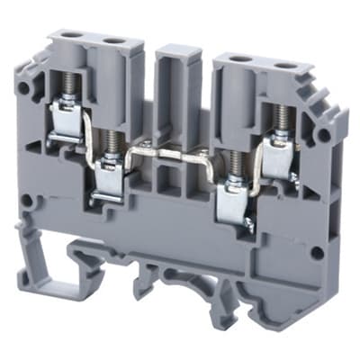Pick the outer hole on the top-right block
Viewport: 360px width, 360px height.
click(x=276, y=65)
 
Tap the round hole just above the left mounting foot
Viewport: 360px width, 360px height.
click(x=28, y=202)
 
